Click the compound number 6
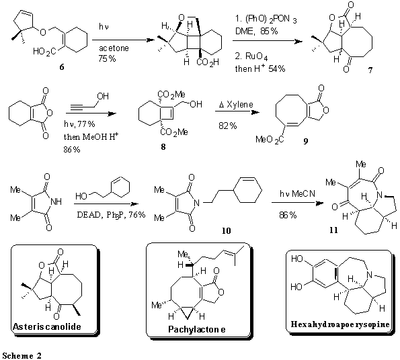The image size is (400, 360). pyautogui.click(x=62, y=67)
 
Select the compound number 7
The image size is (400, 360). pyautogui.click(x=370, y=71)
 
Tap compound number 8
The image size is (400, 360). pyautogui.click(x=163, y=146)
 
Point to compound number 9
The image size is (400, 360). pyautogui.click(x=306, y=141)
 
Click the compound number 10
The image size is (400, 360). pyautogui.click(x=227, y=230)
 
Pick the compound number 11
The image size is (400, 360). pyautogui.click(x=333, y=230)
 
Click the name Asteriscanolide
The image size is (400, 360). pyautogui.click(x=47, y=326)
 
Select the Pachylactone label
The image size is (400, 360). pyautogui.click(x=197, y=329)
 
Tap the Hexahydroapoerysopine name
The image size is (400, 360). pyautogui.click(x=340, y=324)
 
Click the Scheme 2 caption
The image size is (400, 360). pyautogui.click(x=22, y=356)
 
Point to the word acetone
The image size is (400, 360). pyautogui.click(x=114, y=48)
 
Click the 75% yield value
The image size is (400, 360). pyautogui.click(x=107, y=59)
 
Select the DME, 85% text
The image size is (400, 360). pyautogui.click(x=256, y=32)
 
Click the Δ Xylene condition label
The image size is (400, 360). pyautogui.click(x=236, y=105)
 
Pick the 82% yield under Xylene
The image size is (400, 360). pyautogui.click(x=227, y=126)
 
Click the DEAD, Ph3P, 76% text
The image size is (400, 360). pyautogui.click(x=111, y=215)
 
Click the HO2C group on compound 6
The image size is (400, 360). pyautogui.click(x=44, y=52)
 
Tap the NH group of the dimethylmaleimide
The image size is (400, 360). pyautogui.click(x=56, y=201)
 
